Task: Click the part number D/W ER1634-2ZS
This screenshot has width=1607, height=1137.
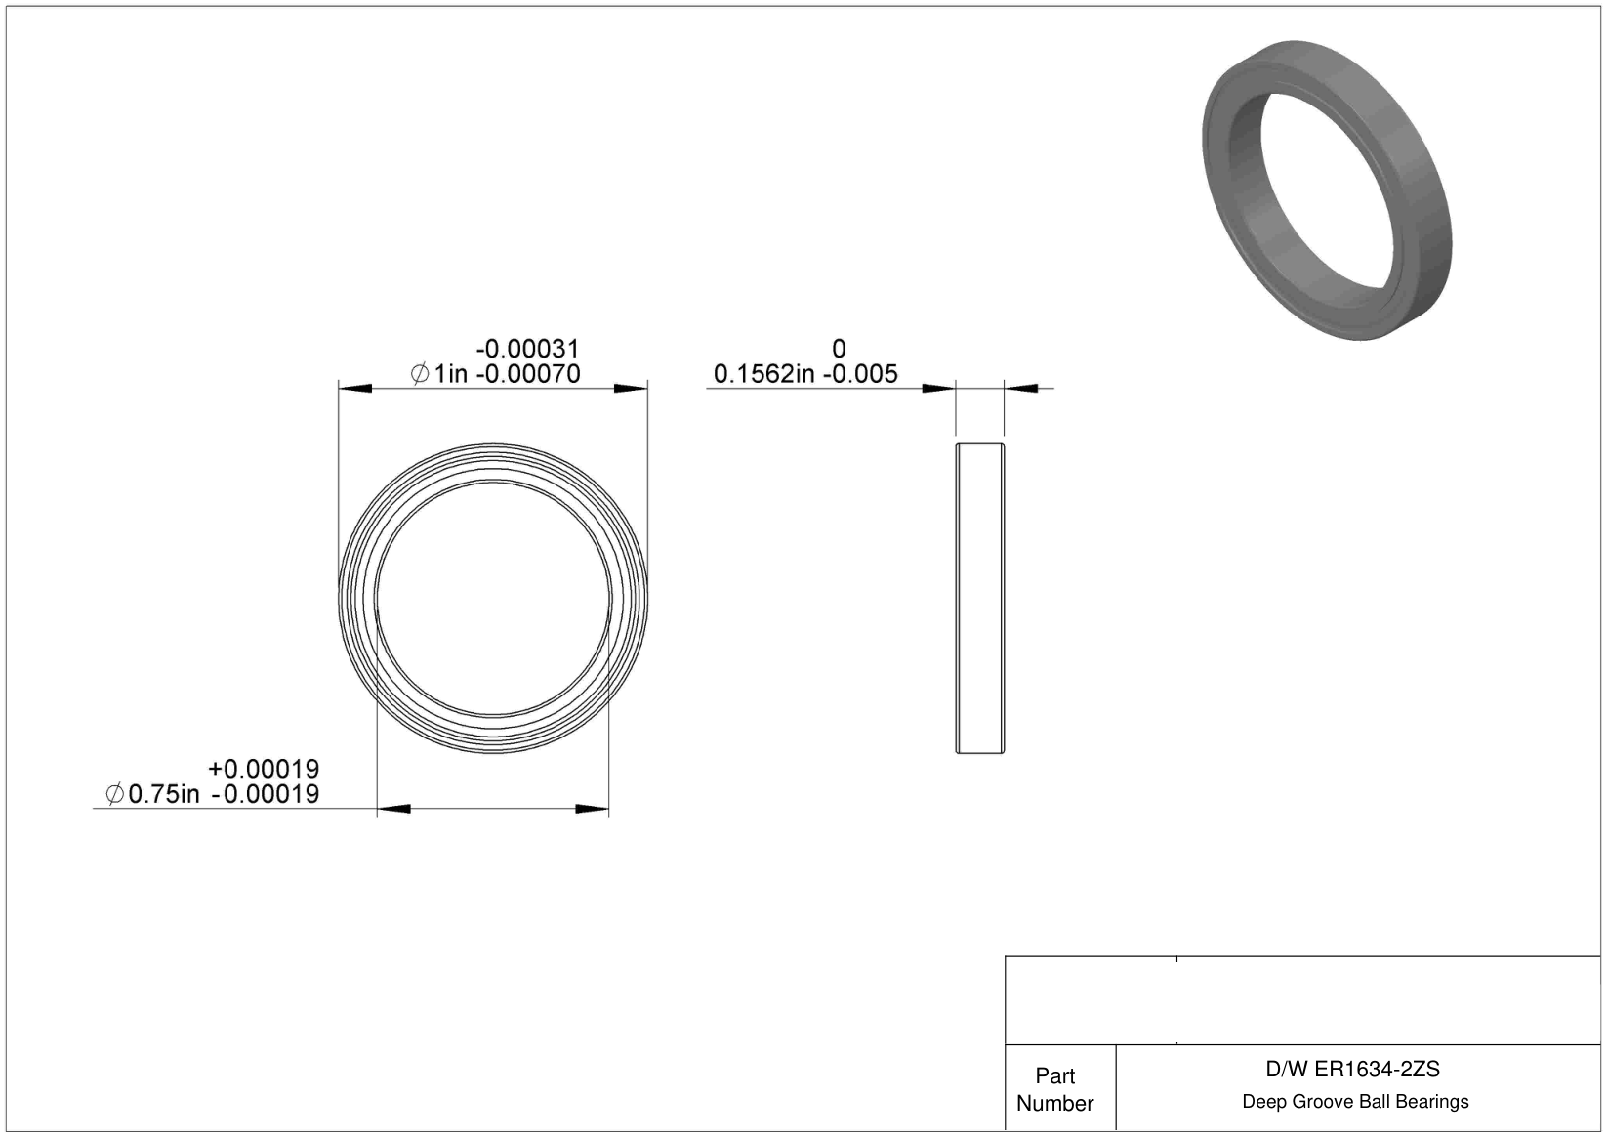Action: click(x=1352, y=1070)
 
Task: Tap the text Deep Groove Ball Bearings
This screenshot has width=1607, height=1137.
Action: click(x=1355, y=1101)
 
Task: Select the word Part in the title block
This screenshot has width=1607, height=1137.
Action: click(x=1054, y=1076)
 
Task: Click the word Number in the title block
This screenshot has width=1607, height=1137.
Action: click(x=1054, y=1103)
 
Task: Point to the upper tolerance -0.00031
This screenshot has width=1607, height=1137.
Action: click(x=527, y=349)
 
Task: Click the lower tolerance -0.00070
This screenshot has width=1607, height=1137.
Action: click(x=528, y=374)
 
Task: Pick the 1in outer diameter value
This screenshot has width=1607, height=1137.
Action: click(x=450, y=374)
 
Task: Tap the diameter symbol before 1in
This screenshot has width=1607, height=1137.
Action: click(x=420, y=374)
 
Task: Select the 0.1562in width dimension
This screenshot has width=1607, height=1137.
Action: click(x=764, y=374)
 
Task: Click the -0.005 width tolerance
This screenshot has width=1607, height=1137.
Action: click(x=860, y=374)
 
